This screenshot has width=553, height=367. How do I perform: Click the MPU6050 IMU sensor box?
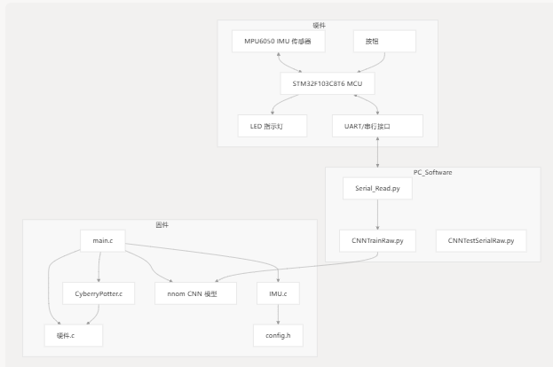point(278,41)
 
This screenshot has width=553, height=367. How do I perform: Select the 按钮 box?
point(384,41)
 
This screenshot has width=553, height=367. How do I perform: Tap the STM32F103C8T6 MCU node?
point(328,83)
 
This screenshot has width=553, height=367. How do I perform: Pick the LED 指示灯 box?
point(273,126)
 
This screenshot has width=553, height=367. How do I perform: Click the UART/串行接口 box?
point(377,126)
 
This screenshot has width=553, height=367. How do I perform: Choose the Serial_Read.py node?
point(377,189)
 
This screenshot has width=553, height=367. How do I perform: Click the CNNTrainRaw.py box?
point(377,240)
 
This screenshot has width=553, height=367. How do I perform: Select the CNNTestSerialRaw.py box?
point(481,240)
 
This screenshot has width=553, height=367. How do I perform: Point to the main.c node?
point(103,240)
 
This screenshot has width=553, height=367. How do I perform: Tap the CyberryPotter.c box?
point(99,293)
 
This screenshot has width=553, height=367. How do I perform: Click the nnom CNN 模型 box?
point(195,293)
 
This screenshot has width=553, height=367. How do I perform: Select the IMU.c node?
point(278,293)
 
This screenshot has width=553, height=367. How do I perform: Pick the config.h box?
point(278,335)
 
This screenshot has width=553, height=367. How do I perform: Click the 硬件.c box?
point(74,335)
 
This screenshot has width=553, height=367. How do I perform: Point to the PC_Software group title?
point(433,172)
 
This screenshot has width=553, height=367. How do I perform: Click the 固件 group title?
point(162,224)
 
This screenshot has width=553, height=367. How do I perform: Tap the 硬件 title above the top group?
point(320,26)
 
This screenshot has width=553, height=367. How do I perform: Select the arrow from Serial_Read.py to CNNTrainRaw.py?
point(377,215)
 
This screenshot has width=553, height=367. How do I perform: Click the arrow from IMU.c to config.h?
point(278,314)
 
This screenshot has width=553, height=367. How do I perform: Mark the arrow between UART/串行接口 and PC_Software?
point(377,152)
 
